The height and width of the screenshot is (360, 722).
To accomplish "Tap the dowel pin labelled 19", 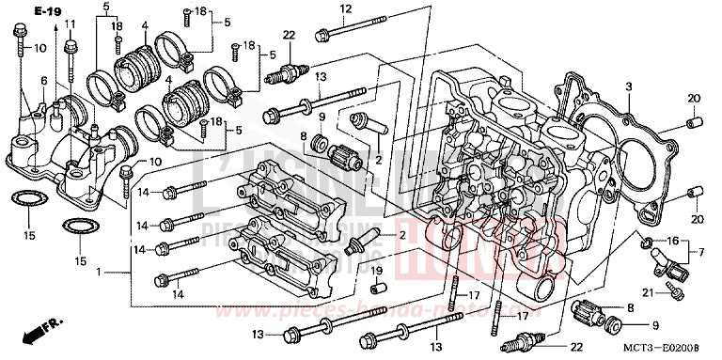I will [375, 288].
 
